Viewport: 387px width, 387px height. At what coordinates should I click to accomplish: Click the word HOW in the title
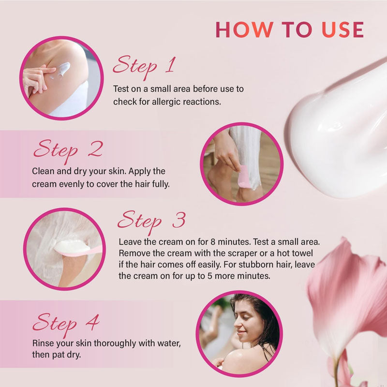coord(245,30)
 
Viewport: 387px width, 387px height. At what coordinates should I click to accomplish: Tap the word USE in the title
coord(343,30)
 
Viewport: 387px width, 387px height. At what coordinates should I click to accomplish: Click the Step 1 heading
coord(144,67)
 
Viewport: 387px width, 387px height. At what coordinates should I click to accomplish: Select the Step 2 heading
coord(68,150)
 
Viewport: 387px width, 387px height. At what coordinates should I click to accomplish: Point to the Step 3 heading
coord(151,222)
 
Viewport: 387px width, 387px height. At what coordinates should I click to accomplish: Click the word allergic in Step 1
coord(166,102)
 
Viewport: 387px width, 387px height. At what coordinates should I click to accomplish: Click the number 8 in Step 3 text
coord(213,241)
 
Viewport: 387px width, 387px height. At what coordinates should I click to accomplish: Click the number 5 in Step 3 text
coord(209,276)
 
